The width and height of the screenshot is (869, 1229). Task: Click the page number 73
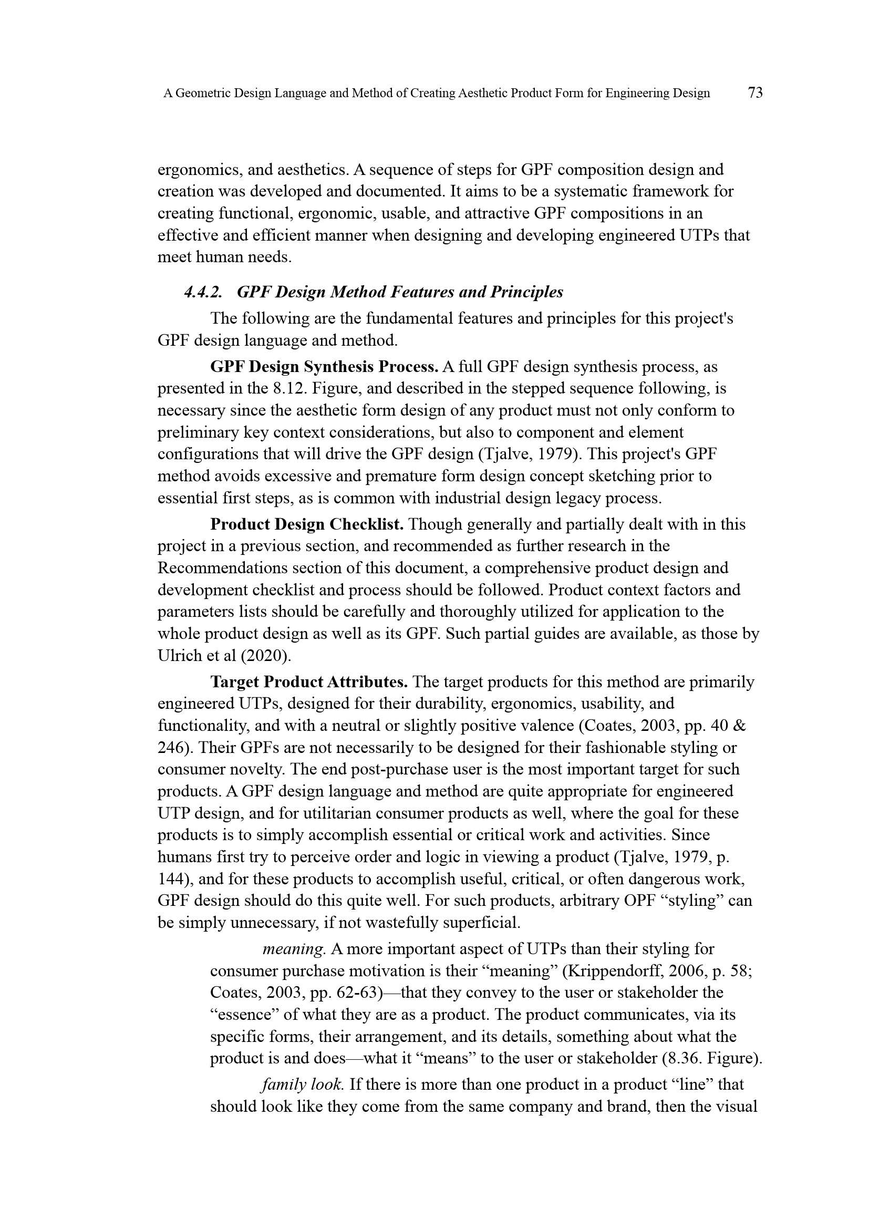754,93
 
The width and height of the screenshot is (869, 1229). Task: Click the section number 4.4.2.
203,292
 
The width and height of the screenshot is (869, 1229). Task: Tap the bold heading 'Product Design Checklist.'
307,524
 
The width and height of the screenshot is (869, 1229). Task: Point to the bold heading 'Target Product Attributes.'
309,682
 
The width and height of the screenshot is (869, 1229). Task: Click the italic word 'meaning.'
294,949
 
